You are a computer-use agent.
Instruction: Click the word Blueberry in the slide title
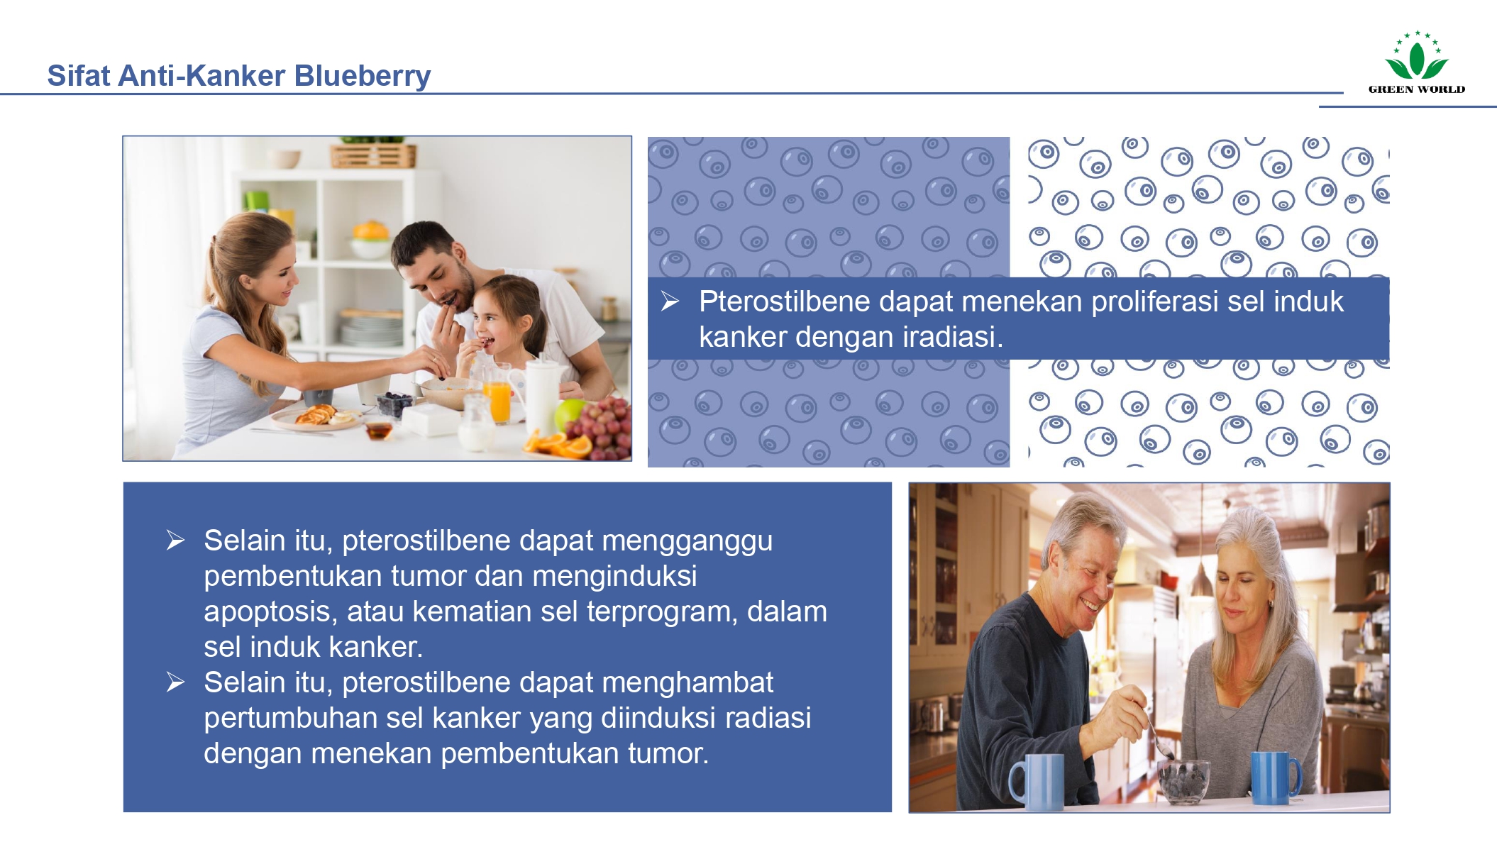[x=362, y=76]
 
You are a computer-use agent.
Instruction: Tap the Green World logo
[x=1416, y=63]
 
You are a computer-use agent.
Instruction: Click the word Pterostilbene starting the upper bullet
[x=785, y=301]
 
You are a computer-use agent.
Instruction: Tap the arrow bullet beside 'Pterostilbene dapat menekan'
[x=670, y=302]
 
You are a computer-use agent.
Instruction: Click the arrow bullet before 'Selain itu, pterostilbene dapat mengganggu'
[x=175, y=541]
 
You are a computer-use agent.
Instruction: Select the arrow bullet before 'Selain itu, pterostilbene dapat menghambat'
[x=175, y=682]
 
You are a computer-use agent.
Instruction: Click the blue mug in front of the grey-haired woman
[x=1274, y=777]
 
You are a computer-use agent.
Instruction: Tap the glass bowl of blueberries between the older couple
[x=1183, y=781]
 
